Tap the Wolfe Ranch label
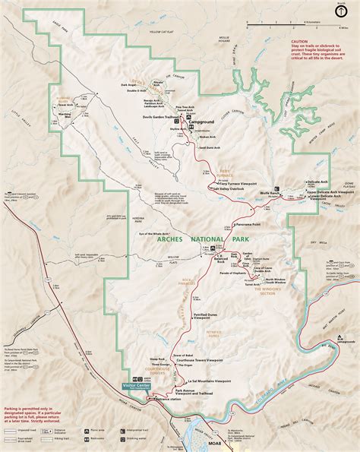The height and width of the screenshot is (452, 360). click(292, 194)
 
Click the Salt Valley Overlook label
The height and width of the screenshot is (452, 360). click(232, 189)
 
